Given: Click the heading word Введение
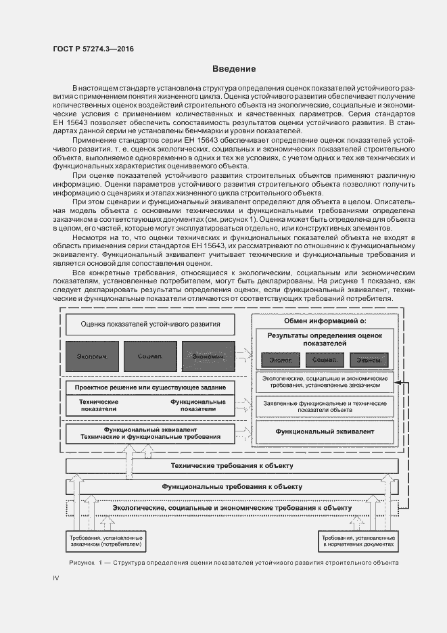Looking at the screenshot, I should point(234,69).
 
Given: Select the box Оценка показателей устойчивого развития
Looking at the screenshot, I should point(150,324).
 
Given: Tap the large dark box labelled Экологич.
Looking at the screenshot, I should point(92,356).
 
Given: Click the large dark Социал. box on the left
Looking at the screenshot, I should point(150,356).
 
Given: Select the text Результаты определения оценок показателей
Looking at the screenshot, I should point(325,339).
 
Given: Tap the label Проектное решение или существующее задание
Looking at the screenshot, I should point(150,388).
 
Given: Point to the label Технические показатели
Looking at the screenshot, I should point(98,405).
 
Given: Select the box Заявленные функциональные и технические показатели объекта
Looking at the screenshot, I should point(325,406).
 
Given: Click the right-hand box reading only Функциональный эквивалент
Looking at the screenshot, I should point(325,431).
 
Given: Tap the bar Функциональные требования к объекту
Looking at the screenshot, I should point(231,486).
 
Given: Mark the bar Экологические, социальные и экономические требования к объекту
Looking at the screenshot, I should point(231,507).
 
